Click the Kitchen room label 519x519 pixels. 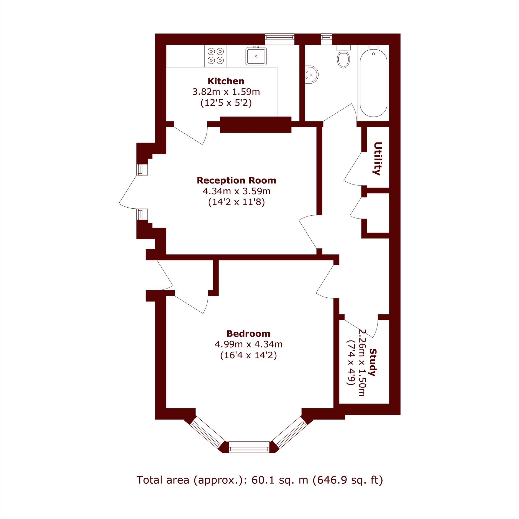(226, 81)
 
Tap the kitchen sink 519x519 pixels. (256, 56)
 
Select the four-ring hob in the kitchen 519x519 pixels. (216, 56)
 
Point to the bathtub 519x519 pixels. (373, 82)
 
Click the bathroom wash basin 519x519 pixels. (312, 74)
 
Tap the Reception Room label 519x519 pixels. (236, 180)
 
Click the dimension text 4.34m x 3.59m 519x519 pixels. (236, 191)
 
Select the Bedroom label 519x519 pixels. (249, 334)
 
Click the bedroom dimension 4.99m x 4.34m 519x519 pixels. (249, 344)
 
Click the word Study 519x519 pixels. (373, 362)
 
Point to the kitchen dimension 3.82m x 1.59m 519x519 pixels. (226, 92)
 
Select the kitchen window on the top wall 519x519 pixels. (280, 39)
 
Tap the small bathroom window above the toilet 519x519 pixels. (326, 39)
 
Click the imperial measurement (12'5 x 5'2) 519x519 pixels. (226, 103)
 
